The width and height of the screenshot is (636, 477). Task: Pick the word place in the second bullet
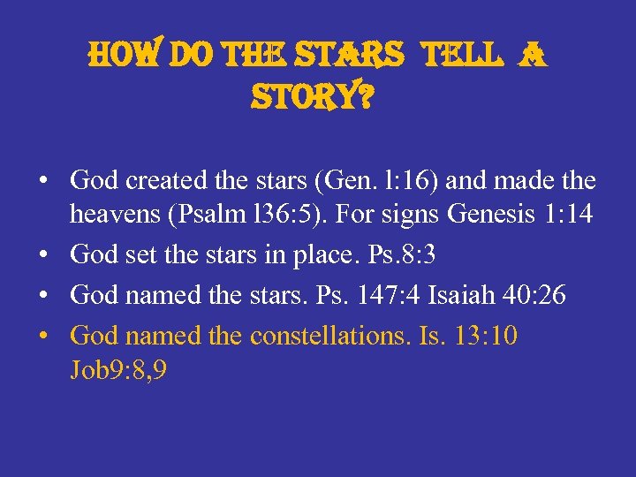[x=359, y=254]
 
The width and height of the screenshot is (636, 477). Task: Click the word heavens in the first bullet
[x=110, y=215]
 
